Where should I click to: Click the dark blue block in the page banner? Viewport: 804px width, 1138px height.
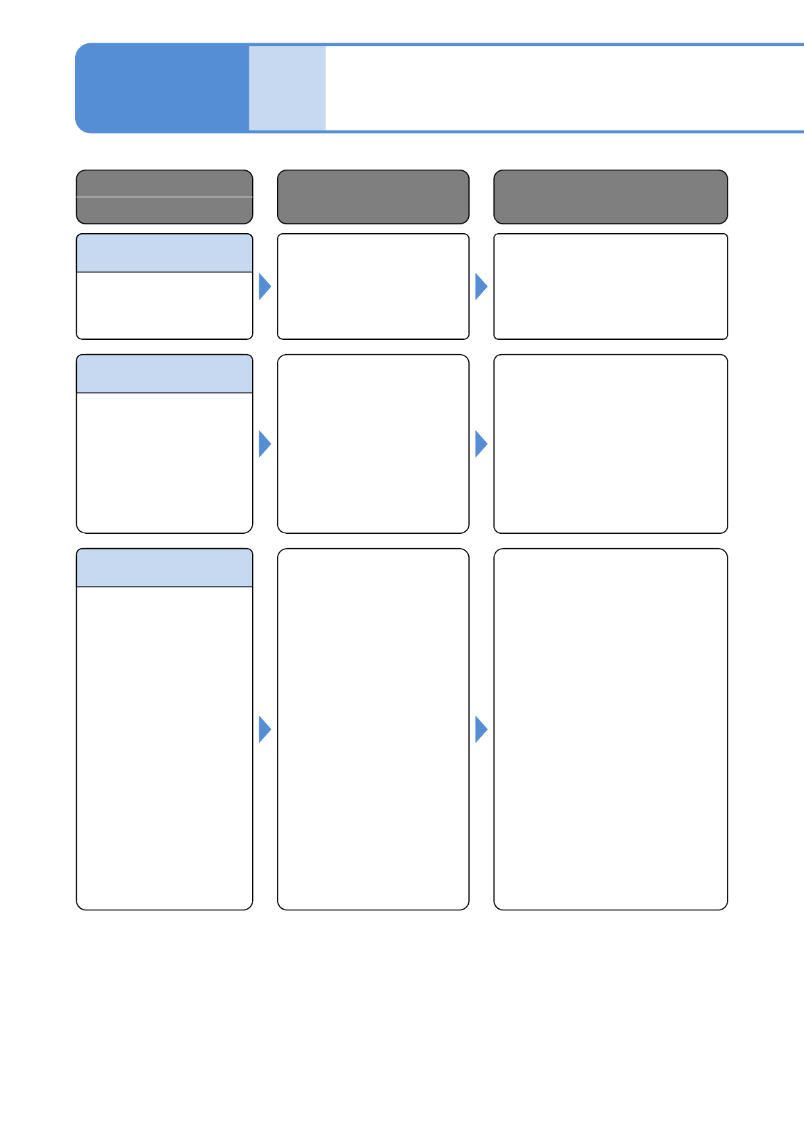[162, 88]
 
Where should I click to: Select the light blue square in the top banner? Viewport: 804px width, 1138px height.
[287, 88]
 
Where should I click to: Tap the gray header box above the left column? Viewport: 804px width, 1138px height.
[164, 197]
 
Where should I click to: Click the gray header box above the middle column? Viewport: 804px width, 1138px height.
[373, 197]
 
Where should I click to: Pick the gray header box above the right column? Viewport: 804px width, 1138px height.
[610, 197]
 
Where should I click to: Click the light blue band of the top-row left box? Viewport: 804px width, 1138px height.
[164, 253]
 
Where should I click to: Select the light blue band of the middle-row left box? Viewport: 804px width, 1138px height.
[164, 374]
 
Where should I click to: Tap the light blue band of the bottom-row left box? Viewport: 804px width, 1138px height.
[164, 568]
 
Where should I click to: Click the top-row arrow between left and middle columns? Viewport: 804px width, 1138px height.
[264, 287]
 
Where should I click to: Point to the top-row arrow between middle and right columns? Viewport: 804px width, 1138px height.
[480, 287]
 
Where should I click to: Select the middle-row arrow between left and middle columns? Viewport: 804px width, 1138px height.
[264, 444]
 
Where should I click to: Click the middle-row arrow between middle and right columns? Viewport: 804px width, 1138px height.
[480, 444]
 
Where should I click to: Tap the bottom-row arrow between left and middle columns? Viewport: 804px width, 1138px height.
[264, 729]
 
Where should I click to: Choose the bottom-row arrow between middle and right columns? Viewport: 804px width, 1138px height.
[480, 729]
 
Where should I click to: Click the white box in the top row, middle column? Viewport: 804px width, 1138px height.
[373, 287]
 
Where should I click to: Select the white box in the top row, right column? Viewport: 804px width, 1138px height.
[610, 287]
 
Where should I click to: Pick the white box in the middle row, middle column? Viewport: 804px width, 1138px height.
[373, 444]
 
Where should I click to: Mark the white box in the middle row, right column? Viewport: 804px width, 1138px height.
[610, 444]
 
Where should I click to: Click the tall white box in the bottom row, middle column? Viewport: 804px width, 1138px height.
[373, 729]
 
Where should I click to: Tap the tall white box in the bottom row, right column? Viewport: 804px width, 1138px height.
[610, 729]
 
